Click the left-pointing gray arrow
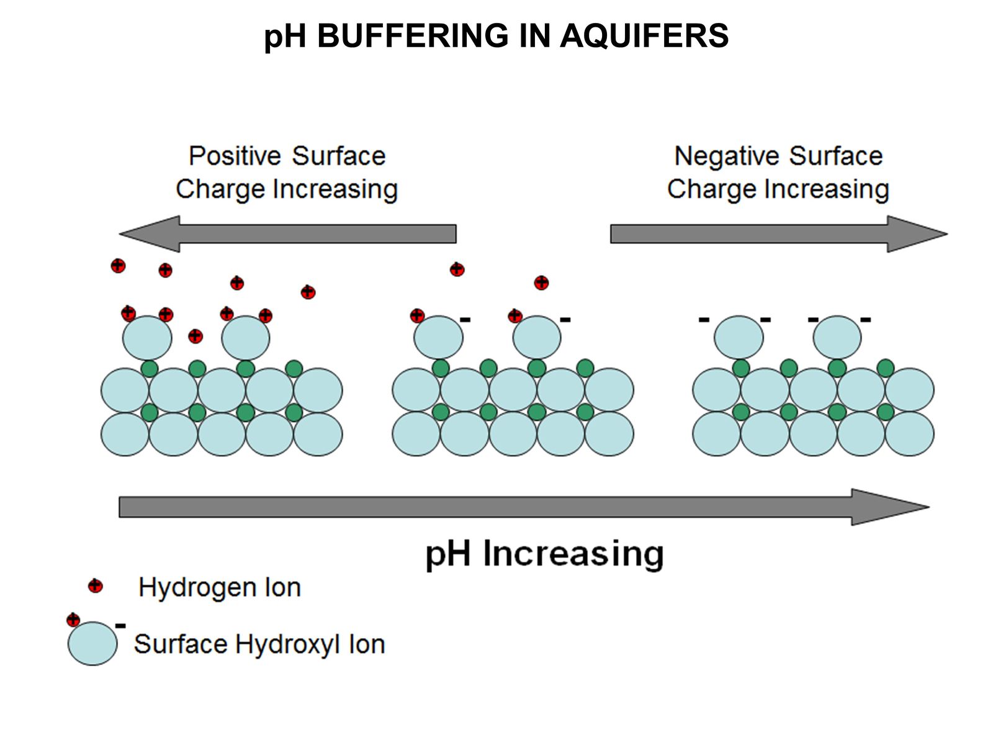coord(287,234)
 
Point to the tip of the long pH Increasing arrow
coord(926,507)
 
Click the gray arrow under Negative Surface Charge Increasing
coord(778,234)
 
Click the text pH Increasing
coord(544,553)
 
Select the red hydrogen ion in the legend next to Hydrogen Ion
coord(95,585)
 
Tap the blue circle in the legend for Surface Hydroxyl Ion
coord(92,644)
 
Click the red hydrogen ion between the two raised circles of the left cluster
coord(195,336)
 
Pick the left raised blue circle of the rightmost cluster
coord(739,338)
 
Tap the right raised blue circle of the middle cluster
coord(537,338)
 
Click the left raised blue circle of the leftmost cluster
coord(147,338)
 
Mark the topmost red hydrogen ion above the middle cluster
coord(457,269)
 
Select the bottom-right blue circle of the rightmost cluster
coord(909,434)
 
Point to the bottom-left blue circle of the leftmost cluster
coord(125,434)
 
